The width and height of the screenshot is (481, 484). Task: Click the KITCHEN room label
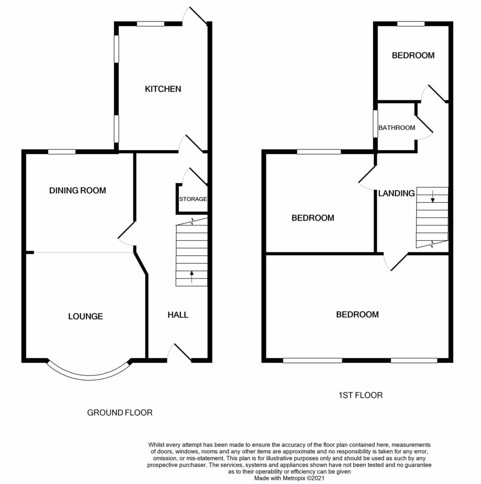click(x=163, y=89)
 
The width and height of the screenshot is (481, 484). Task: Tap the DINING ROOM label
click(x=78, y=190)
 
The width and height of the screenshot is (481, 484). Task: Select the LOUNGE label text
click(x=86, y=316)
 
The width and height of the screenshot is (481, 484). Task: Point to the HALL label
click(x=178, y=315)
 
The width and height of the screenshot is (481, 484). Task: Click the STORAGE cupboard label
click(x=193, y=199)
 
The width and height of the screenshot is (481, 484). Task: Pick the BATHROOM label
click(x=397, y=128)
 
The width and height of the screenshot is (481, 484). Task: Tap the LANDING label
click(x=396, y=193)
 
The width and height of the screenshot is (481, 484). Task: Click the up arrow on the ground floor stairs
click(x=192, y=277)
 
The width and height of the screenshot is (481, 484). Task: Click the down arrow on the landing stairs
click(x=432, y=197)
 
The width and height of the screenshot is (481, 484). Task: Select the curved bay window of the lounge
click(x=89, y=377)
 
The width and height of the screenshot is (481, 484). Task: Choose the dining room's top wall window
click(x=62, y=152)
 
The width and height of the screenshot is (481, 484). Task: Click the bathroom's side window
click(x=376, y=124)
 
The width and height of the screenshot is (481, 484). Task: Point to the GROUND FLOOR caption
click(x=120, y=413)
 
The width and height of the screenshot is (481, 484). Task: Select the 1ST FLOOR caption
click(x=360, y=395)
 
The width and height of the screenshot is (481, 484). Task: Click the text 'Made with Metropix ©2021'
click(x=289, y=478)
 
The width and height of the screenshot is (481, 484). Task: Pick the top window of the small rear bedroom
click(x=411, y=24)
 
